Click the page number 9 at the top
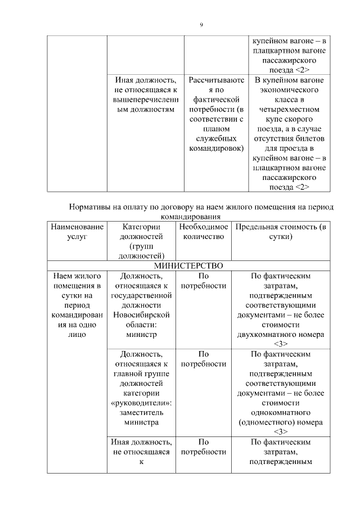[x=201, y=24]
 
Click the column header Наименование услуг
[x=77, y=232]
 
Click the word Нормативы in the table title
[x=92, y=207]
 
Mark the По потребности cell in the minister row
[x=204, y=281]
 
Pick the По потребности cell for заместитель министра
[x=204, y=358]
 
